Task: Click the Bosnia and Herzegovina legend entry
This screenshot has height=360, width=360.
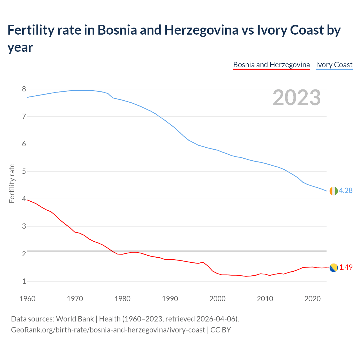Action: pyautogui.click(x=271, y=65)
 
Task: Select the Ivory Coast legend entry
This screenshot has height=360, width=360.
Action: pyautogui.click(x=334, y=65)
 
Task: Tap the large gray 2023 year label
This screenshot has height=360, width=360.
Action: pyautogui.click(x=297, y=98)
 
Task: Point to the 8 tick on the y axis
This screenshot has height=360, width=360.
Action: pyautogui.click(x=24, y=89)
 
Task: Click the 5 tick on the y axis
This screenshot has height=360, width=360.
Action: pyautogui.click(x=24, y=171)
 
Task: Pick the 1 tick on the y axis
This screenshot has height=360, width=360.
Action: pyautogui.click(x=24, y=281)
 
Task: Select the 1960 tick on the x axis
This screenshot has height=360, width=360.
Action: pyautogui.click(x=27, y=299)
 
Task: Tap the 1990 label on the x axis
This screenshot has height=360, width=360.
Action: pyautogui.click(x=170, y=299)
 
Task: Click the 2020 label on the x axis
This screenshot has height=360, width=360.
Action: pyautogui.click(x=312, y=299)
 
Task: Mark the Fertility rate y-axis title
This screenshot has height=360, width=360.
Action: pyautogui.click(x=12, y=183)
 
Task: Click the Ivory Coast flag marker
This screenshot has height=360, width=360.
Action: pyautogui.click(x=333, y=191)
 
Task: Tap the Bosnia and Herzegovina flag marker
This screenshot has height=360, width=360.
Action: pyautogui.click(x=333, y=268)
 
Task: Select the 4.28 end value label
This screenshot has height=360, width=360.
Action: pyautogui.click(x=346, y=190)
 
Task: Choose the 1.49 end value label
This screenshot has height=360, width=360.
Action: pyautogui.click(x=346, y=267)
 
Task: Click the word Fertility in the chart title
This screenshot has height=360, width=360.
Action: pyautogui.click(x=29, y=30)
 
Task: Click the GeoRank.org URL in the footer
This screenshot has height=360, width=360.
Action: pyautogui.click(x=108, y=330)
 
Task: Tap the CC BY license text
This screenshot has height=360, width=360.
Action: pyautogui.click(x=220, y=330)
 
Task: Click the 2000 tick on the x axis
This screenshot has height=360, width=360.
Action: pyautogui.click(x=217, y=299)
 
